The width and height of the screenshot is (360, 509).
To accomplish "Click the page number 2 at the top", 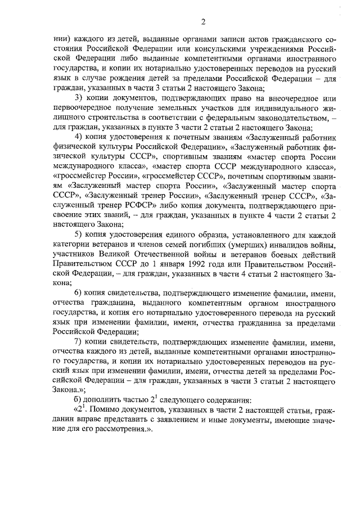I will coord(203,22).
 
